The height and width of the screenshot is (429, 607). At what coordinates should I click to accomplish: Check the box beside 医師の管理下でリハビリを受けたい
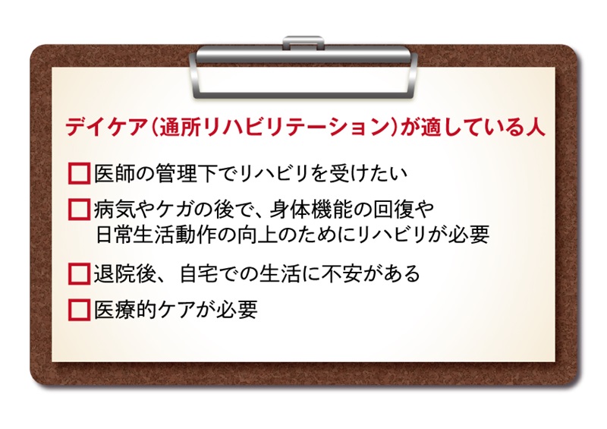80,173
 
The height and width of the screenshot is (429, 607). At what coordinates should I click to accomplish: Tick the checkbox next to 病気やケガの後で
80,210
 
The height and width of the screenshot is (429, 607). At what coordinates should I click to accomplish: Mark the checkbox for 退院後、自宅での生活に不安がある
80,274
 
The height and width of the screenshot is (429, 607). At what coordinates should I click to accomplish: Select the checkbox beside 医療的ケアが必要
80,310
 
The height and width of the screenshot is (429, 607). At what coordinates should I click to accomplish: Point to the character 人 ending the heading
535,127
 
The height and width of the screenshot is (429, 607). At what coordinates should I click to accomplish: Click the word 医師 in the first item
115,173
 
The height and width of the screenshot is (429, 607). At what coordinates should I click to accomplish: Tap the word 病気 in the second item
115,210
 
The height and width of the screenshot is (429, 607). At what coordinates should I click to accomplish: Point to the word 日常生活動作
156,235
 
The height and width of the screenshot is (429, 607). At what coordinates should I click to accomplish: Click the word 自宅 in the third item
200,274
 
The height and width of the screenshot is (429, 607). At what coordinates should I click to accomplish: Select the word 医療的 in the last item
124,310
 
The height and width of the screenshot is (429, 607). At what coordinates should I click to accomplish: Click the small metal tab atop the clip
303,42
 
